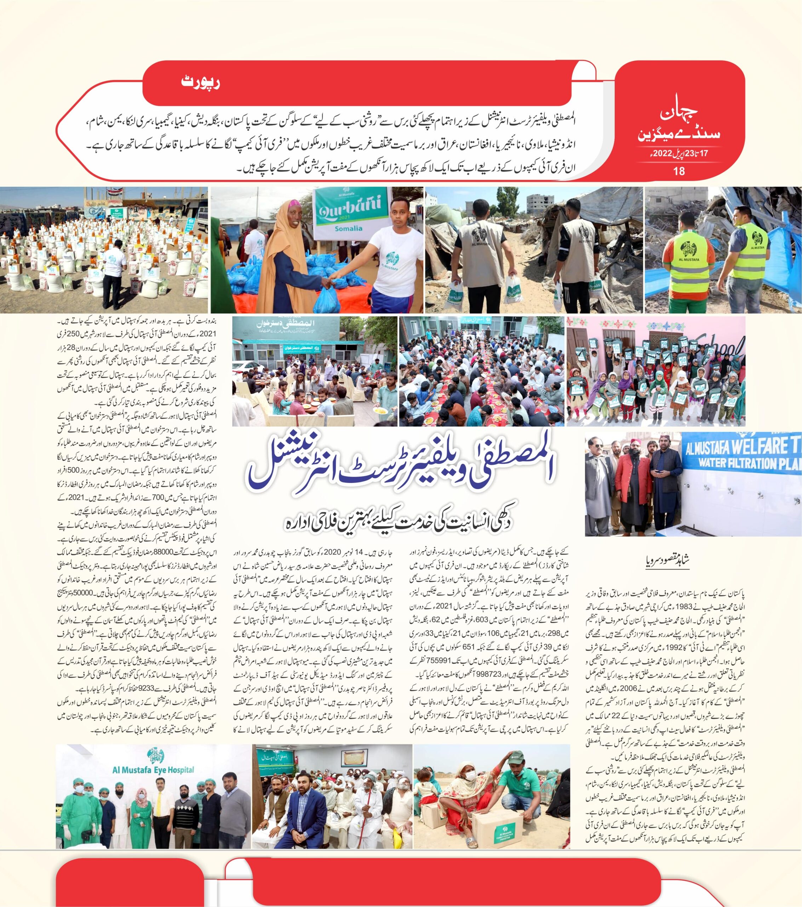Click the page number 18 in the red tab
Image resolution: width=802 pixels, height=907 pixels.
click(x=679, y=170)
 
